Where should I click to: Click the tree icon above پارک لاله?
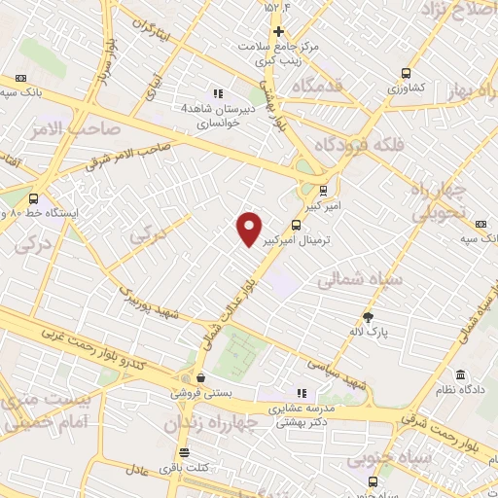368,317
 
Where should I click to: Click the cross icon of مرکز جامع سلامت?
278,32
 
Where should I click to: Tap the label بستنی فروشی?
199,393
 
